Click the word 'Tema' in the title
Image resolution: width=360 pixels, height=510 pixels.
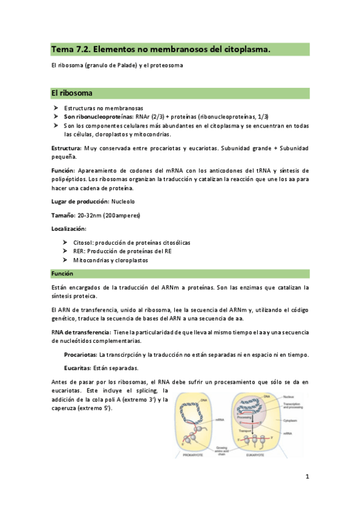[62, 49]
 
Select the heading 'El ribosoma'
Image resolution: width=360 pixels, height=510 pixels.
[72, 94]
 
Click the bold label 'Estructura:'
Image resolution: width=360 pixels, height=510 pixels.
[67, 148]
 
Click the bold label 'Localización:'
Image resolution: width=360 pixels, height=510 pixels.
[69, 229]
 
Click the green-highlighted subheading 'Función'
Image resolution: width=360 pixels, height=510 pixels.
[63, 274]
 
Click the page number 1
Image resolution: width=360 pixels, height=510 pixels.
[307, 478]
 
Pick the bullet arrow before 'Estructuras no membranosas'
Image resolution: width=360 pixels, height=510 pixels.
[55, 108]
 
